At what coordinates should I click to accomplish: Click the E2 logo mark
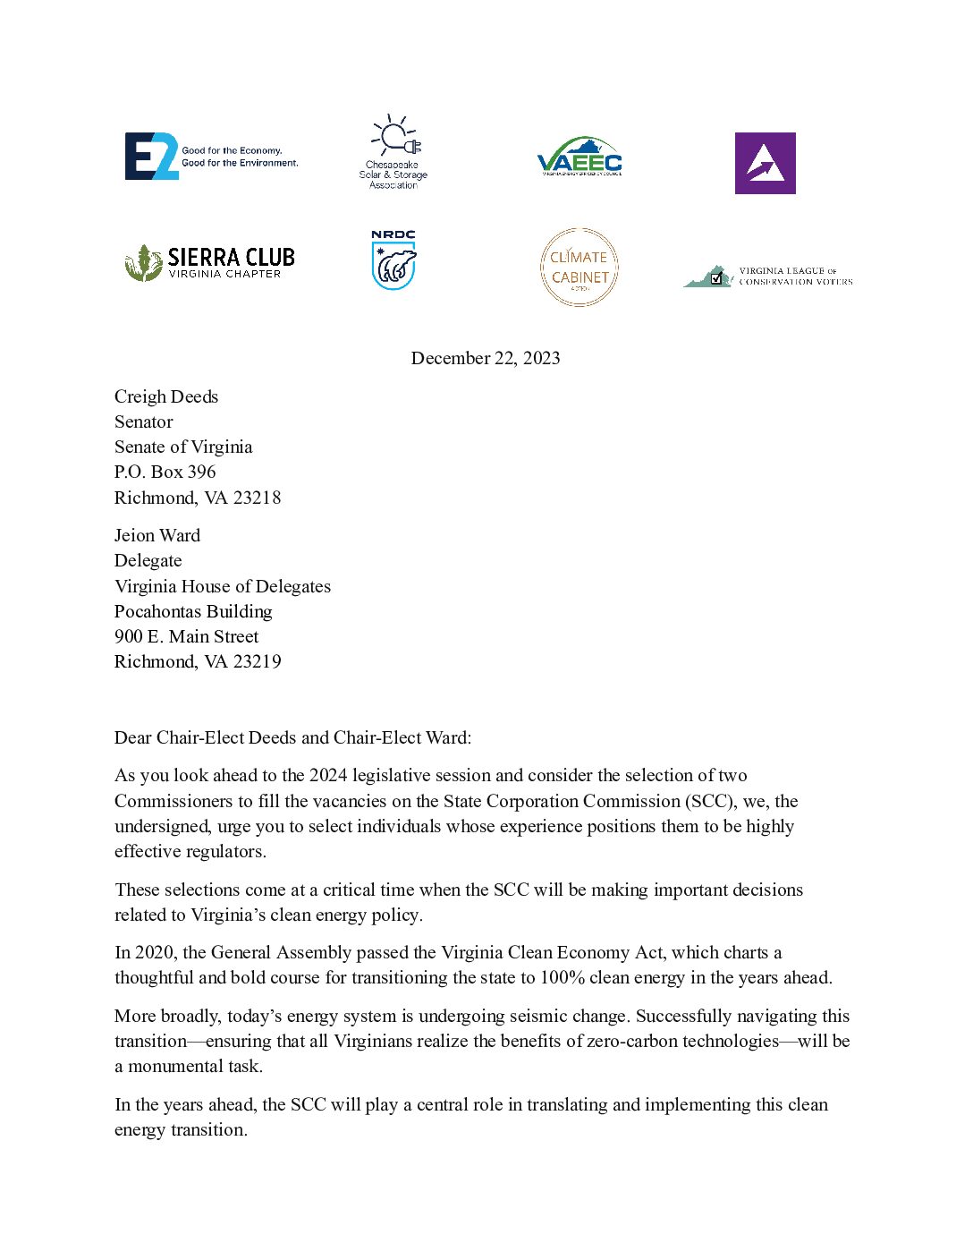click(x=152, y=157)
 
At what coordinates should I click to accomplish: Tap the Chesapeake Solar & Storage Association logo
click(x=393, y=151)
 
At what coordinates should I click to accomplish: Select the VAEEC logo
click(x=580, y=157)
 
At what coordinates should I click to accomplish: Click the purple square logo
click(x=765, y=163)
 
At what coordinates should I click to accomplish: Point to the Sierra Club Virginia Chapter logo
click(x=210, y=262)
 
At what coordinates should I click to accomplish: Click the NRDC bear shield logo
click(x=393, y=260)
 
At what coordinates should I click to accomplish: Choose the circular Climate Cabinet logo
click(x=580, y=267)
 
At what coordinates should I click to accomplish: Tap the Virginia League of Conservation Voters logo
click(x=768, y=276)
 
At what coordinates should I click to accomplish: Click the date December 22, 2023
click(x=486, y=358)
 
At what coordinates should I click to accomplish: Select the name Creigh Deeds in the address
click(x=166, y=396)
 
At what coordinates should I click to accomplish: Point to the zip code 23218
click(x=257, y=498)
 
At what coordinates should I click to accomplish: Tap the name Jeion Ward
click(x=157, y=535)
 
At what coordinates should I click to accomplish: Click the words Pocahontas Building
click(x=193, y=611)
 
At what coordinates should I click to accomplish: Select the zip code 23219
click(x=257, y=661)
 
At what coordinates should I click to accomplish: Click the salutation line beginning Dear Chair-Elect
click(x=292, y=737)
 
